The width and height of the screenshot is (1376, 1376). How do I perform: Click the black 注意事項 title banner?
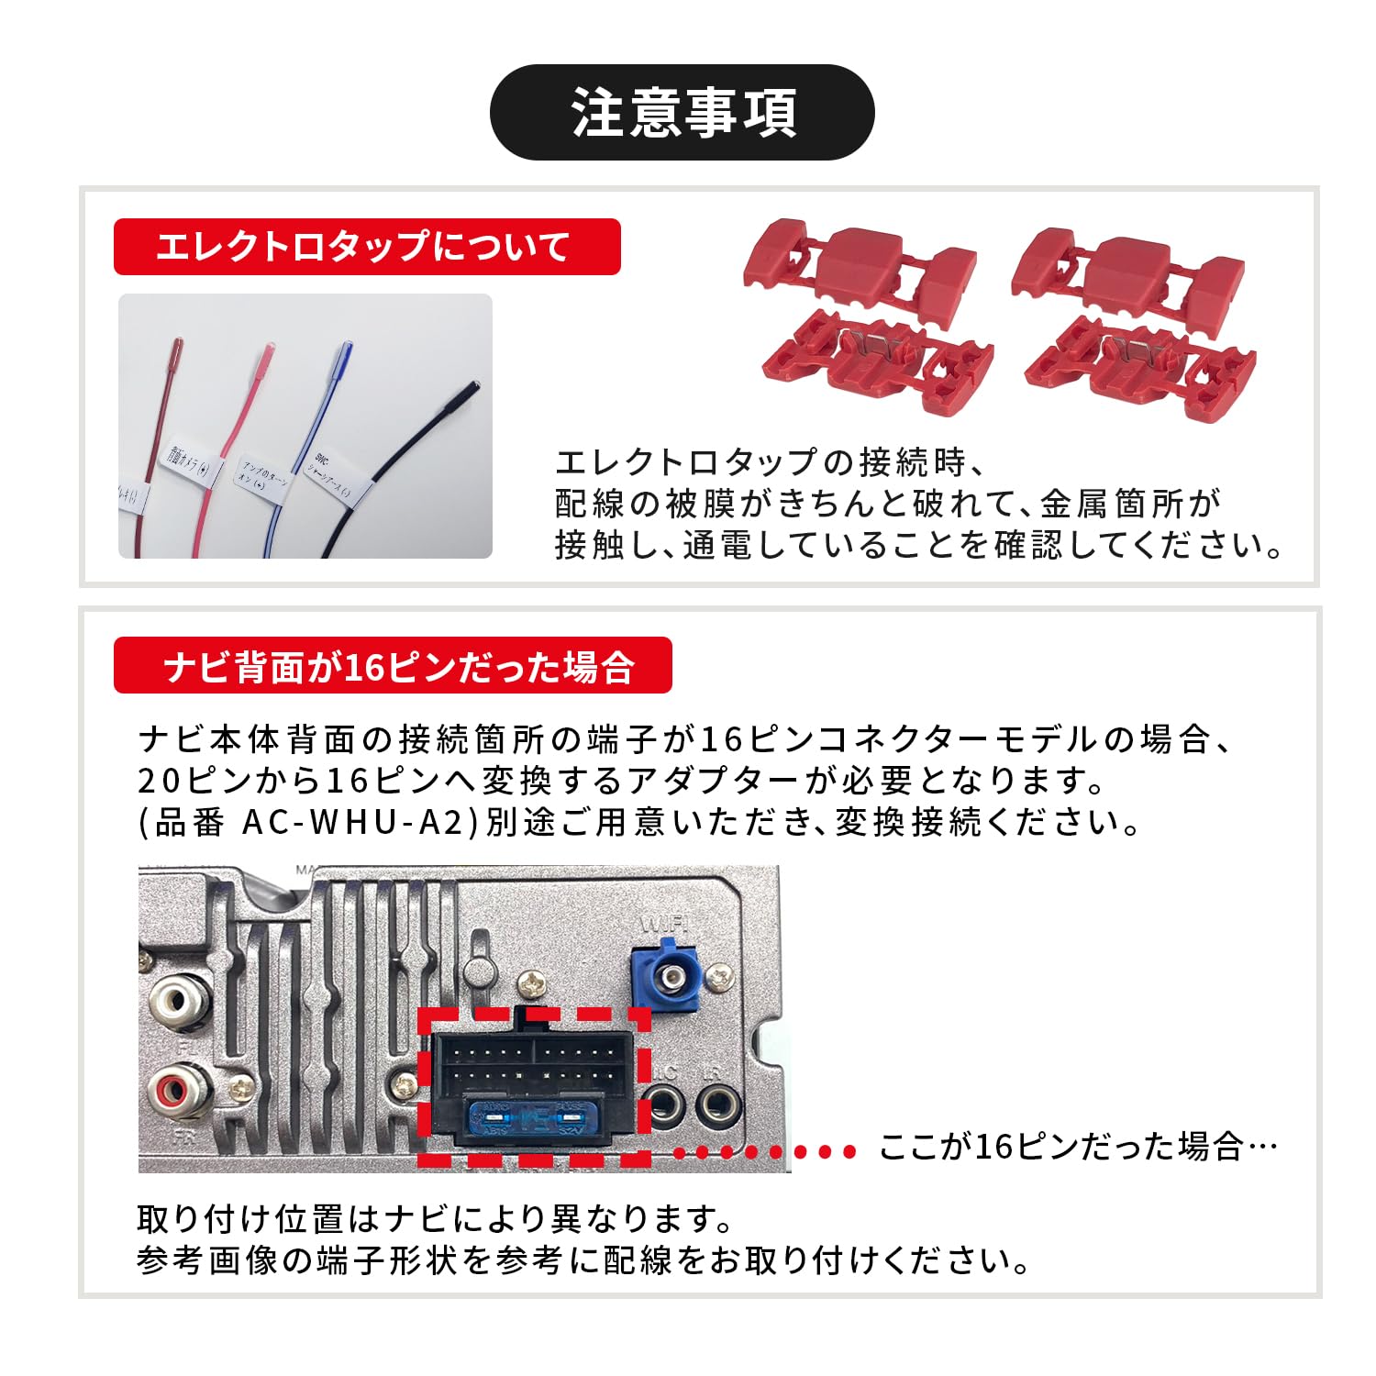pos(682,113)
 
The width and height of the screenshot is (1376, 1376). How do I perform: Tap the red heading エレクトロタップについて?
pos(367,247)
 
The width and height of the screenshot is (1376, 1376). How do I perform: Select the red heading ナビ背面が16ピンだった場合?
pos(393,666)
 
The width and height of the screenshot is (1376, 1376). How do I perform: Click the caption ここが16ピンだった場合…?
pos(1078,1147)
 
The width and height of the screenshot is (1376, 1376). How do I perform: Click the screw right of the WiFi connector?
pos(723,978)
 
